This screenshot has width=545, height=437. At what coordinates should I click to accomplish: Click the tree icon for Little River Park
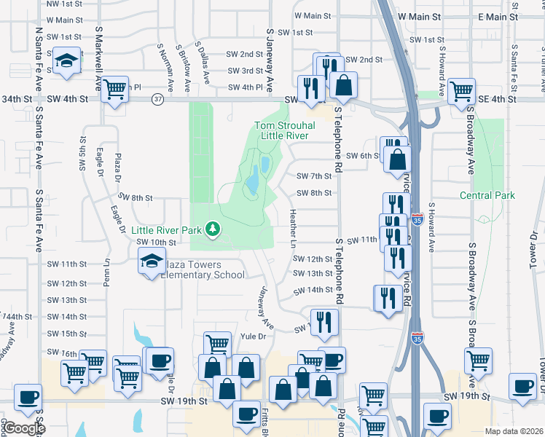coord(213,229)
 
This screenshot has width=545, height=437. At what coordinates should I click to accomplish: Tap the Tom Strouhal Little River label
coord(284,130)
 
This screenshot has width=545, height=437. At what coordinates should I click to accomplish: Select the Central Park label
coord(487,195)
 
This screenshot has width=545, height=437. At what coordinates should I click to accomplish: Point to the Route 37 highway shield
coord(158,98)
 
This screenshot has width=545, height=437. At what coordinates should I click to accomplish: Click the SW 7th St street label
coord(314,176)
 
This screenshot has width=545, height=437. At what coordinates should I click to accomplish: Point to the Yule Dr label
coord(252,336)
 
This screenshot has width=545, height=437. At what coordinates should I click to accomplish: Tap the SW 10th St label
coord(156,242)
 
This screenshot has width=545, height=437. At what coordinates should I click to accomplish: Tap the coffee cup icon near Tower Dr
coord(522,385)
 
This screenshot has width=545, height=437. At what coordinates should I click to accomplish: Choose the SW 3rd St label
coord(244,71)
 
